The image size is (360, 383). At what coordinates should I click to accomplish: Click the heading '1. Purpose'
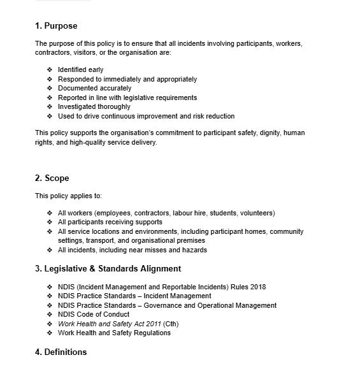(56, 26)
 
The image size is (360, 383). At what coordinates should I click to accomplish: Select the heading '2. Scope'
(52, 178)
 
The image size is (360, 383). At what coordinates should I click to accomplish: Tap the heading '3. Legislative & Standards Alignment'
(108, 268)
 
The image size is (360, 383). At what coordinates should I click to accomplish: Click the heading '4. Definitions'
(61, 352)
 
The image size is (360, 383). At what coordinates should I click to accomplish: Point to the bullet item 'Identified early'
(80, 70)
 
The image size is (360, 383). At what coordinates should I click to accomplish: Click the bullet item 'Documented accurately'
(94, 89)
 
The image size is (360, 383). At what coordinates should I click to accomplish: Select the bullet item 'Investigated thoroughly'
(94, 107)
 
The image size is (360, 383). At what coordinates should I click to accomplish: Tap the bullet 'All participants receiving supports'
(110, 222)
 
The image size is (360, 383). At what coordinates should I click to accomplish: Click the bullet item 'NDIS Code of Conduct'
(94, 315)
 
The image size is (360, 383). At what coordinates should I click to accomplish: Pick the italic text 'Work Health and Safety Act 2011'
(109, 324)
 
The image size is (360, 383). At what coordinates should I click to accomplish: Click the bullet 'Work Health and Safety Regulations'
(114, 333)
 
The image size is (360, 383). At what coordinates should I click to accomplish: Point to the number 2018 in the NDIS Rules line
(258, 287)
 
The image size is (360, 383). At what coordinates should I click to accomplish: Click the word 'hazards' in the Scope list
(194, 250)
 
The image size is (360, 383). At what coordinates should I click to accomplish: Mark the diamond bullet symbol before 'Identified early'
(50, 70)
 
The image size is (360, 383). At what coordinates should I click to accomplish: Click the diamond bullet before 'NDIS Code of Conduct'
(50, 315)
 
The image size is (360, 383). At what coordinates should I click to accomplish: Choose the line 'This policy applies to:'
(68, 196)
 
